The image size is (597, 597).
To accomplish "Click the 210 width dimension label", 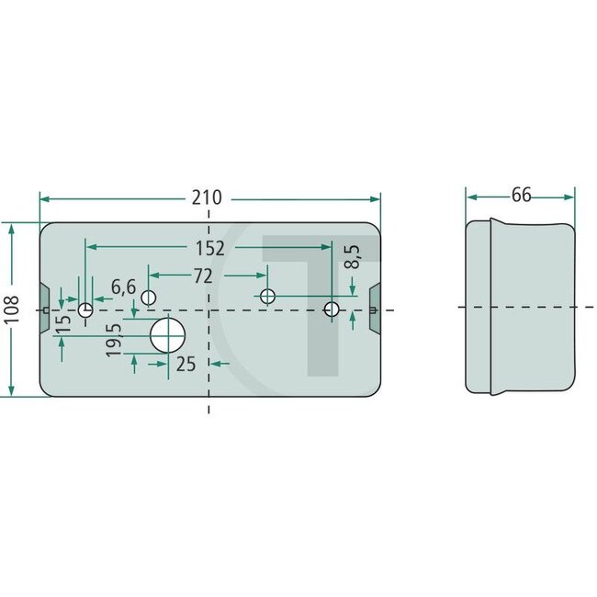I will pyautogui.click(x=208, y=198).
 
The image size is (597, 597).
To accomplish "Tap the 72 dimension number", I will pyautogui.click(x=203, y=276).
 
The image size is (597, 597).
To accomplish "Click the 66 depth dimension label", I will pyautogui.click(x=522, y=195).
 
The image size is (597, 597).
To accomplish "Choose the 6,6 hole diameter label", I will pyautogui.click(x=123, y=287).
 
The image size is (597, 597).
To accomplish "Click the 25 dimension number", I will pyautogui.click(x=186, y=365).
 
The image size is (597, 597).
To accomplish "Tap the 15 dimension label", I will pyautogui.click(x=62, y=324).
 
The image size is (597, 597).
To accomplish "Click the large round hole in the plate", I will pyautogui.click(x=166, y=335).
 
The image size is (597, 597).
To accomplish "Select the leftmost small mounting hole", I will pyautogui.click(x=85, y=310).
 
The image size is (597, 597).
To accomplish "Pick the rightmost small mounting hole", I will pyautogui.click(x=332, y=310).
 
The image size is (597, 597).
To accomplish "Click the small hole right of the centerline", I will pyautogui.click(x=267, y=296).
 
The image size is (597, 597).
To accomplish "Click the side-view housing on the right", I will pyautogui.click(x=522, y=308).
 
